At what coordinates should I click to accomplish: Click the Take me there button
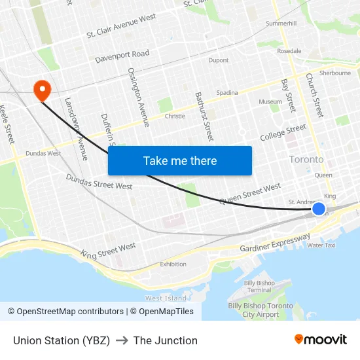(180, 160)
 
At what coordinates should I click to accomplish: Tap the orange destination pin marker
(43, 90)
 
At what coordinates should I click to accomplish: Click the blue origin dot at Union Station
(319, 209)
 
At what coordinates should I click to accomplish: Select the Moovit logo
(321, 340)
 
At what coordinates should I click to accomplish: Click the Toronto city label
(306, 159)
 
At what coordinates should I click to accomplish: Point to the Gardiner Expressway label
(275, 243)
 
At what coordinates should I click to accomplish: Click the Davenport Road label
(122, 56)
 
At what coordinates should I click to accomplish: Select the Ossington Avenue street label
(139, 97)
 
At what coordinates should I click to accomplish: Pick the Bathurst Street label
(204, 117)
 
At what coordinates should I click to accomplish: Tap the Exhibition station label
(173, 264)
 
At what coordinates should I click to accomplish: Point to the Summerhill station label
(281, 24)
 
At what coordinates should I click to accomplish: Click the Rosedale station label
(289, 51)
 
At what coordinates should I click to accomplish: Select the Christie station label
(175, 117)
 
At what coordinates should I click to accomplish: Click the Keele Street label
(8, 124)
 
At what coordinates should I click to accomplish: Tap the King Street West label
(108, 249)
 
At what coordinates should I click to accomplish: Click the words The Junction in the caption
(165, 340)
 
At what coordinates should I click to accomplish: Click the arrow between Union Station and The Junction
(122, 340)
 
